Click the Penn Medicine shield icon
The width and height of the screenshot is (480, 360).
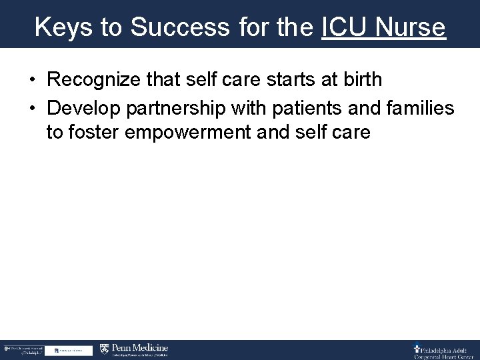coord(104,349)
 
